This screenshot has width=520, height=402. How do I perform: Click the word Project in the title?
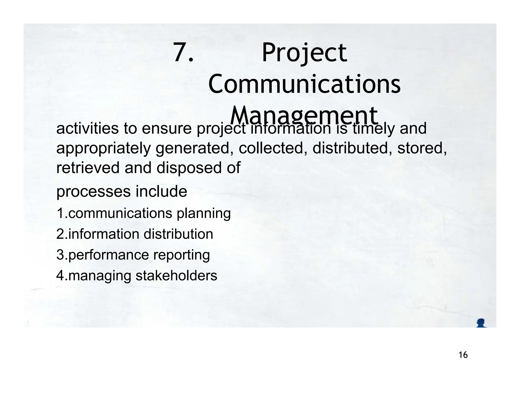click(x=304, y=53)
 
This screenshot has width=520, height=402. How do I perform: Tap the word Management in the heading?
click(x=304, y=116)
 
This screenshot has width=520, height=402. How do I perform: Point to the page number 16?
click(x=463, y=355)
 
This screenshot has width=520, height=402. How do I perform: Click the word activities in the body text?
click(x=87, y=128)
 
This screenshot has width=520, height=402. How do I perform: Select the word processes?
click(x=93, y=192)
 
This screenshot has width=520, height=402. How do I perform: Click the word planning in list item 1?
click(x=204, y=214)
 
